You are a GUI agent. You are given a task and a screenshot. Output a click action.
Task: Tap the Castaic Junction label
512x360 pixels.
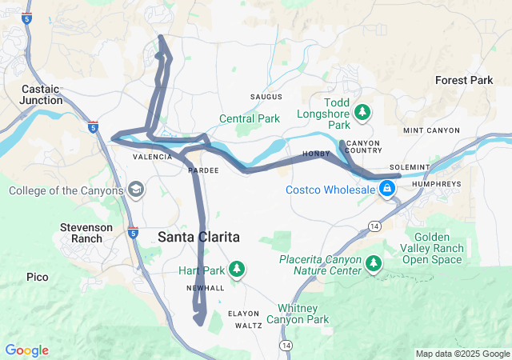(x=42, y=94)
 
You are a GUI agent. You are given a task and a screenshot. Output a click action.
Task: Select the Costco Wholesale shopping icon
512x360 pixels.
(x=387, y=189)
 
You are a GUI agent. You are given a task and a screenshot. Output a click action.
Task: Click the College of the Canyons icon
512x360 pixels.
(x=136, y=190)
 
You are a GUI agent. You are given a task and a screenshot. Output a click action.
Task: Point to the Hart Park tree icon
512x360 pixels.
(x=237, y=269)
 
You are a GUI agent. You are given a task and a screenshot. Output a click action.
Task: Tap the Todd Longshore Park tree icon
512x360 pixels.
(x=362, y=112)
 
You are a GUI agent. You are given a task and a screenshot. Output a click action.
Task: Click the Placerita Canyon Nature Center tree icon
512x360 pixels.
(x=373, y=263)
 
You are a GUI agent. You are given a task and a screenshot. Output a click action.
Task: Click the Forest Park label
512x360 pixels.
(x=464, y=80)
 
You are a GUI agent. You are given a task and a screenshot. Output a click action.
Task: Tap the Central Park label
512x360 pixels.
(x=249, y=119)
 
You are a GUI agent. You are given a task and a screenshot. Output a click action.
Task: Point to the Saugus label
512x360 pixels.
(x=266, y=97)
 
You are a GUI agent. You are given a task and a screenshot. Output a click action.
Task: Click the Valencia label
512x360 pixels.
(x=152, y=158)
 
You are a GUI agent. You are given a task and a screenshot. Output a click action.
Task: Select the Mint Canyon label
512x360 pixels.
(x=431, y=130)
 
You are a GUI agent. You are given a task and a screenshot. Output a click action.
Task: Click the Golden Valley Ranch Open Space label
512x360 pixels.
(x=433, y=248)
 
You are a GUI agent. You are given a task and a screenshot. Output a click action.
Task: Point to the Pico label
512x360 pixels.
(x=37, y=277)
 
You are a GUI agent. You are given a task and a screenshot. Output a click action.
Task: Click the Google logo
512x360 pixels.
(x=26, y=350)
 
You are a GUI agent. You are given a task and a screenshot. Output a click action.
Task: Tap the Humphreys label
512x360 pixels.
(x=437, y=184)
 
